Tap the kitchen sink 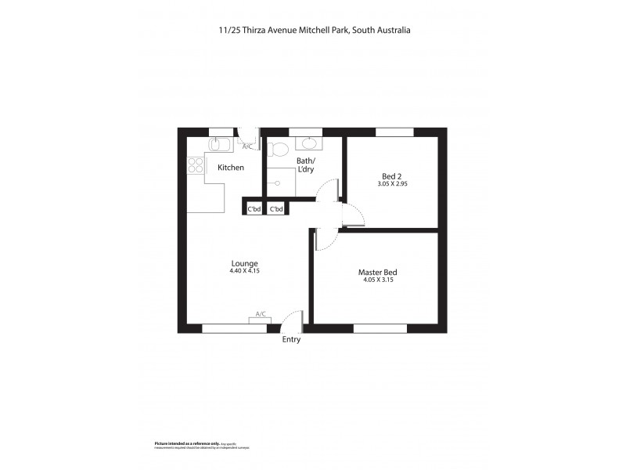point(218,144)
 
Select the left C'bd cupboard point(254,208)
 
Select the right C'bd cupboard point(276,208)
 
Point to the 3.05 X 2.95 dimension point(392,185)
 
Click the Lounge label point(244,262)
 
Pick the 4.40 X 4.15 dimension point(244,271)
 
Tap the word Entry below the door point(290,339)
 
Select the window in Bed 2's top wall point(394,132)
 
